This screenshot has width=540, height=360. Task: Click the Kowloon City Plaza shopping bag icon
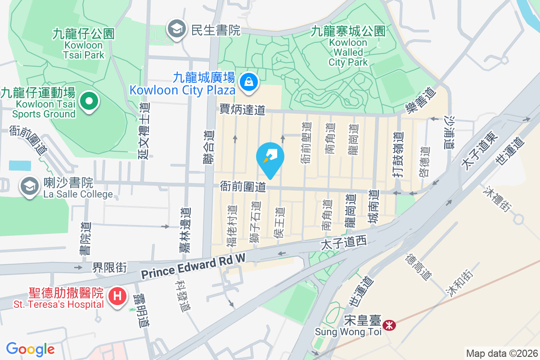pyautogui.click(x=248, y=82)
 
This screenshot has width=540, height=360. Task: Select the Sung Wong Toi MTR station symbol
pyautogui.click(x=388, y=324)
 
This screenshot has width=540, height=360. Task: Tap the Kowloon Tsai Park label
pyautogui.click(x=84, y=45)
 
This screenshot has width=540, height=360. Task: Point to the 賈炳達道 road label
pyautogui.click(x=242, y=109)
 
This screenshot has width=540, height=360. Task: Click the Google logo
pyautogui.click(x=30, y=349)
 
